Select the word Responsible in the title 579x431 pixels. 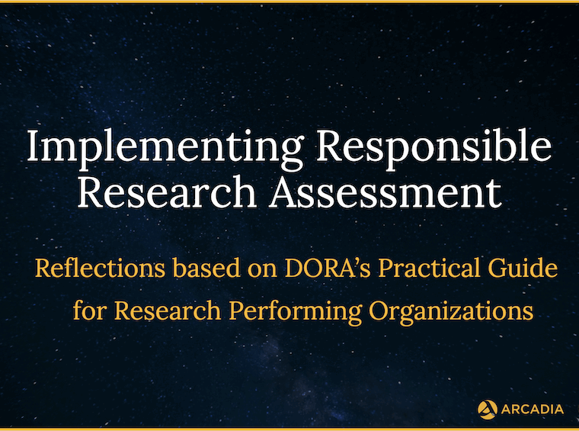tap(434, 148)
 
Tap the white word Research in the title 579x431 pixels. tap(167, 191)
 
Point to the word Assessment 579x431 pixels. tap(385, 191)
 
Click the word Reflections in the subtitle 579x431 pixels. tap(100, 268)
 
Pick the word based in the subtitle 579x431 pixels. tap(206, 268)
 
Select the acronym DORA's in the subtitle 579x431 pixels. tap(328, 268)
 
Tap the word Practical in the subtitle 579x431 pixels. tap(429, 268)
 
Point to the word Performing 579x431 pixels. tap(296, 312)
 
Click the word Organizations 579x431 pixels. tap(451, 312)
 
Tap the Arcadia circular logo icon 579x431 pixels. tap(488, 410)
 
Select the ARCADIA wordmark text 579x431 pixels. tap(533, 409)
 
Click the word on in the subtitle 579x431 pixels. tap(263, 272)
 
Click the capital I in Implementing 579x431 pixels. tap(34, 145)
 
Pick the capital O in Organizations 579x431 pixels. tap(380, 310)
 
